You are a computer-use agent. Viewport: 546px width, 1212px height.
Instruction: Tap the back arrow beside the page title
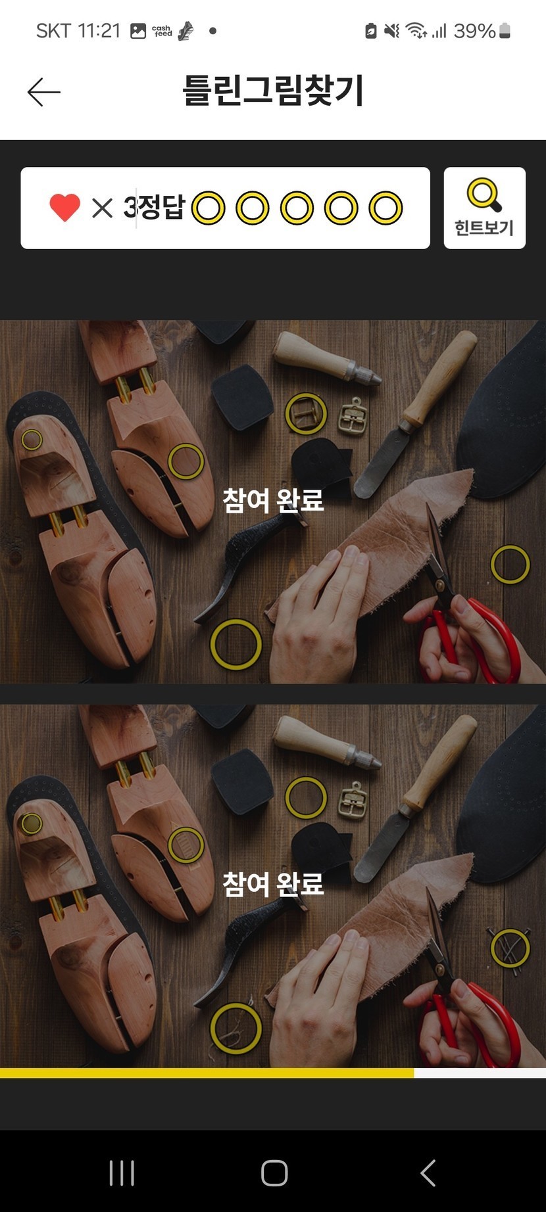(43, 92)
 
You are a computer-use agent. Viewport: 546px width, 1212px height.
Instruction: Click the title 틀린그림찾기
(273, 91)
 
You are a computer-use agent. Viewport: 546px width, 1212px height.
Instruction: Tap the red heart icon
(64, 208)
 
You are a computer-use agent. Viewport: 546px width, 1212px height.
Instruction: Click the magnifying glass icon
(484, 195)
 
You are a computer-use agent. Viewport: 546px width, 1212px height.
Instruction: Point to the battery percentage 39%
(474, 31)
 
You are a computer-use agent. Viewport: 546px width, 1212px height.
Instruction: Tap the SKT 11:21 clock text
(78, 31)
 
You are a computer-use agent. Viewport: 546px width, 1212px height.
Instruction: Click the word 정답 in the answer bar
(162, 208)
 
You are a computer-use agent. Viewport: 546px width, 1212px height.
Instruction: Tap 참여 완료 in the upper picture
(273, 500)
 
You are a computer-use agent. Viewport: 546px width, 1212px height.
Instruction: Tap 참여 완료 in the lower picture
(273, 884)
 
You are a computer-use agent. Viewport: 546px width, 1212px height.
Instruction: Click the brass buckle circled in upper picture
(306, 414)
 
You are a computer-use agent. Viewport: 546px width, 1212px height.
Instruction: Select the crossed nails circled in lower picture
(510, 947)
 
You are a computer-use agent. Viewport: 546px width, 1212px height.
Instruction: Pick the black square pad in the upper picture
(242, 396)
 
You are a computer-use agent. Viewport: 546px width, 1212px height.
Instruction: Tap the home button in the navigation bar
(274, 1173)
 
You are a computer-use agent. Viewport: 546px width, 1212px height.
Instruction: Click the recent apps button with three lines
(122, 1173)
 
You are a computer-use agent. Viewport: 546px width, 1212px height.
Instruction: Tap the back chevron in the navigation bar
(428, 1173)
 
